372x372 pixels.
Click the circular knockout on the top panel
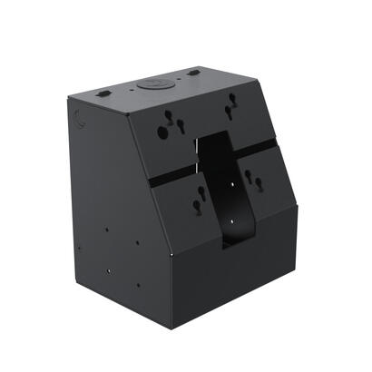click(152, 85)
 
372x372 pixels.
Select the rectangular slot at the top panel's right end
click(194, 73)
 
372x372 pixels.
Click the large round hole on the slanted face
click(163, 132)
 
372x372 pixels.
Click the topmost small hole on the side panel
click(106, 229)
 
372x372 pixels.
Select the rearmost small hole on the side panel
click(80, 247)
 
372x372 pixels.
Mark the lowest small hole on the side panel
click(138, 284)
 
